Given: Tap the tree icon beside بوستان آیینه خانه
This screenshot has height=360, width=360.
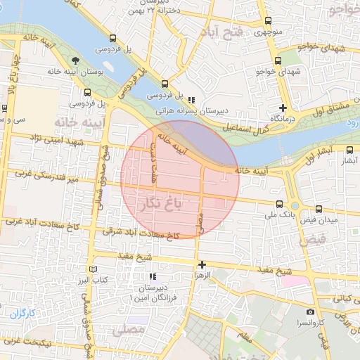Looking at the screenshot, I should click(75, 61).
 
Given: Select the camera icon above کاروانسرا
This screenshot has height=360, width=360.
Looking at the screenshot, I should click(310, 311).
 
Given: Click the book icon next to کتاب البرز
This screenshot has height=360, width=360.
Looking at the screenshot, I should click(94, 269).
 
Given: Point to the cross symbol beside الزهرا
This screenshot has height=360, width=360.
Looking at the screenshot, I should click(202, 265).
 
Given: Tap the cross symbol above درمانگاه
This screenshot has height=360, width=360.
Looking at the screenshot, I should click(283, 108).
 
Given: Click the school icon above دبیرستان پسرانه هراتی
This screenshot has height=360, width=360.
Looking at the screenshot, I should click(191, 98).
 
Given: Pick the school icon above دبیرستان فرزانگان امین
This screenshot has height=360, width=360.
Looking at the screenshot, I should click(154, 276).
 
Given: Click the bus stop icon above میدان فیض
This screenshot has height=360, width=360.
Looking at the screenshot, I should click(319, 208).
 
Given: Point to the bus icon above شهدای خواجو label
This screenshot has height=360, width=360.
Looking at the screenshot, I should click(279, 61).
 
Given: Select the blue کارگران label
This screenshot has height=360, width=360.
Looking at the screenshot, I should click(22, 313).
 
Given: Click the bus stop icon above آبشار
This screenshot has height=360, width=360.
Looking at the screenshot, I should click(350, 150).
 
